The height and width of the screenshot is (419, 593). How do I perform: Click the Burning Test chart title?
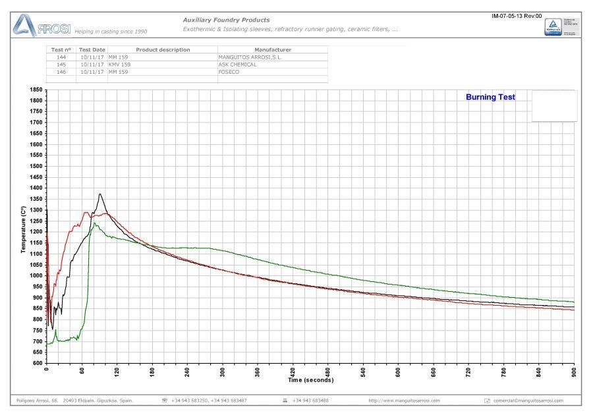pyautogui.click(x=490, y=98)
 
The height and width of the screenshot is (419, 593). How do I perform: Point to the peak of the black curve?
pyautogui.click(x=99, y=194)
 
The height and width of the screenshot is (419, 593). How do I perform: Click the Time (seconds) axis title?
pyautogui.click(x=310, y=380)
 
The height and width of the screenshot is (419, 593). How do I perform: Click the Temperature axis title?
pyautogui.click(x=23, y=230)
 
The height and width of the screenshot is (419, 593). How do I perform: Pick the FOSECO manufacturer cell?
pyautogui.click(x=229, y=72)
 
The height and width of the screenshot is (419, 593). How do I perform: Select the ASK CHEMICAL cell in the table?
pyautogui.click(x=237, y=65)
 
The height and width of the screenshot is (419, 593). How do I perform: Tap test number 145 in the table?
pyautogui.click(x=61, y=65)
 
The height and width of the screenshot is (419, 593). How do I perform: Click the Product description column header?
pyautogui.click(x=163, y=50)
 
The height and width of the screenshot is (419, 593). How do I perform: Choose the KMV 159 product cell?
pyautogui.click(x=120, y=65)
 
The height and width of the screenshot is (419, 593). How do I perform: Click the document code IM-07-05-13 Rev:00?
pyautogui.click(x=517, y=16)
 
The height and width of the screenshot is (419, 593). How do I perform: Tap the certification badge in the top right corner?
pyautogui.click(x=553, y=27)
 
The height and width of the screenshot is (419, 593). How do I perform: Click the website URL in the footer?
pyautogui.click(x=404, y=401)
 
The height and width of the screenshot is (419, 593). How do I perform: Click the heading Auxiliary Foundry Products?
pyautogui.click(x=226, y=20)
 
